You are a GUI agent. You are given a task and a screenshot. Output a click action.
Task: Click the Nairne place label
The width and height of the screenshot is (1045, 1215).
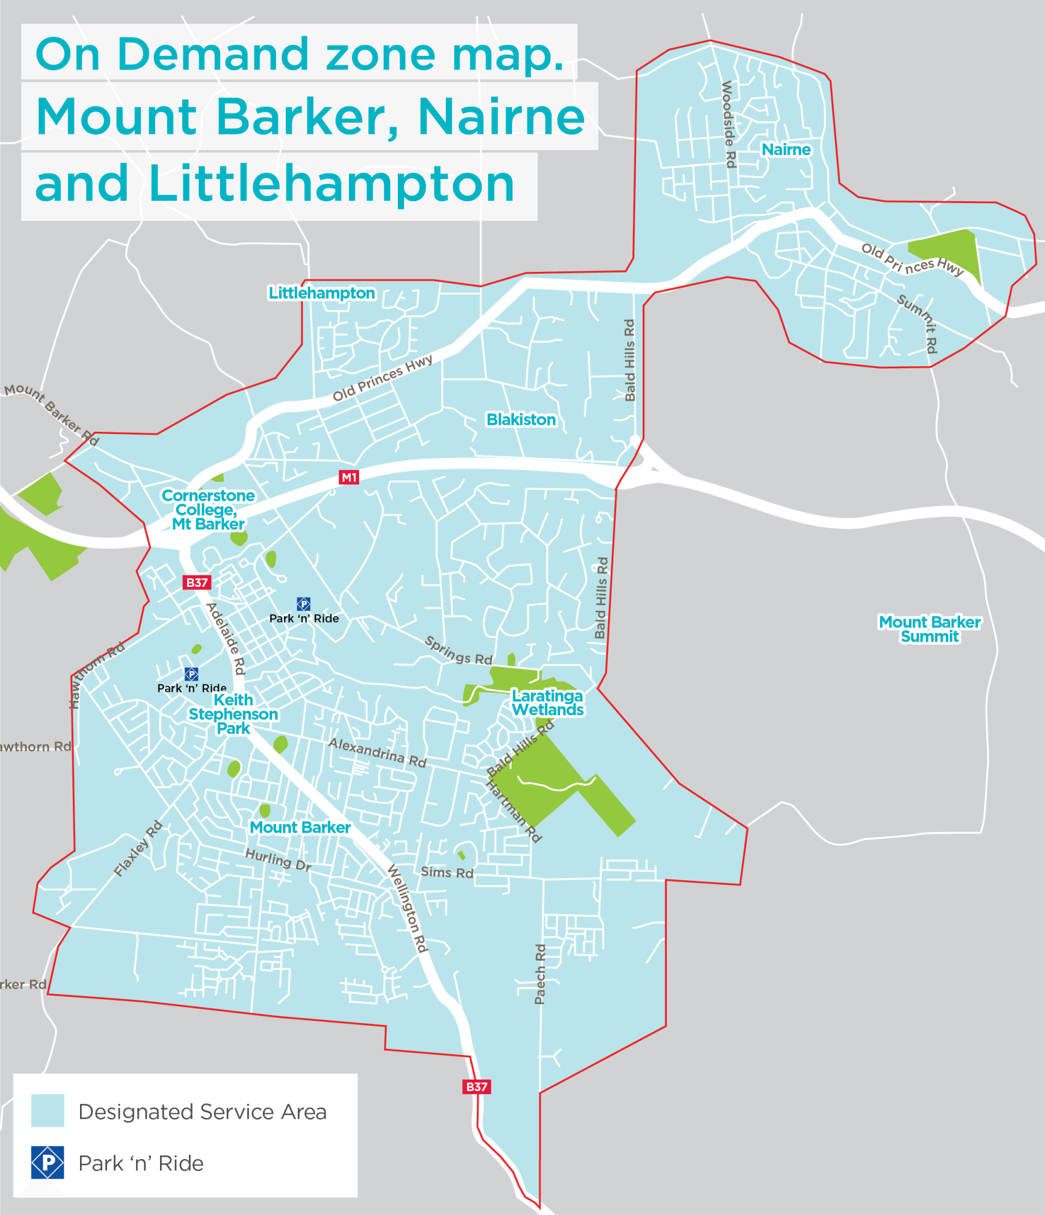(x=786, y=150)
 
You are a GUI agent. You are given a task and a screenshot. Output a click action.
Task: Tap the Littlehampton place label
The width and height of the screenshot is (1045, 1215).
(x=322, y=293)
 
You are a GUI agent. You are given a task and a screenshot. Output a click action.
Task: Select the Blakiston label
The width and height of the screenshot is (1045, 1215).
(x=520, y=419)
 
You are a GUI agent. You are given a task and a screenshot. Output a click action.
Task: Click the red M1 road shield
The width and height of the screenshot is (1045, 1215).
(x=349, y=478)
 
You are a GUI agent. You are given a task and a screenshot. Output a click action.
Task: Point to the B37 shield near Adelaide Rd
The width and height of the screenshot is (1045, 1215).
(x=196, y=582)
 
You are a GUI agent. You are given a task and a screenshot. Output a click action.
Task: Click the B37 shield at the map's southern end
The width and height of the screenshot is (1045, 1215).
(x=476, y=1087)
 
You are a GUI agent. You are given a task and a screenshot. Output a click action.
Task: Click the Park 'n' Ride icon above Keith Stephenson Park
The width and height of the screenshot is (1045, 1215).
(x=191, y=674)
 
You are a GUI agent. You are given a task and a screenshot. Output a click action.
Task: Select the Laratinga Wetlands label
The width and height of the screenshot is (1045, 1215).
(x=548, y=703)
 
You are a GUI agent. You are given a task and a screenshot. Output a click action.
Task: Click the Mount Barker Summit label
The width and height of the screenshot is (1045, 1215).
(x=929, y=629)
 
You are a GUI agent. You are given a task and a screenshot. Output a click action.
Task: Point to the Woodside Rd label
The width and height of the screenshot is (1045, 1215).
(x=728, y=125)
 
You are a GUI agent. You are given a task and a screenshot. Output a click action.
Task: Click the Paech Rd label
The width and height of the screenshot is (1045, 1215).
(x=540, y=974)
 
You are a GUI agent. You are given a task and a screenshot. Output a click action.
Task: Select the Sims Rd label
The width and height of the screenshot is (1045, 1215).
(x=447, y=872)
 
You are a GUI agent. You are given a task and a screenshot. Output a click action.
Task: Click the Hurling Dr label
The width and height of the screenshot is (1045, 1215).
(x=278, y=860)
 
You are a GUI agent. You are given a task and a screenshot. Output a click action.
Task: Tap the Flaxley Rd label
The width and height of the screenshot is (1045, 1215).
(x=138, y=848)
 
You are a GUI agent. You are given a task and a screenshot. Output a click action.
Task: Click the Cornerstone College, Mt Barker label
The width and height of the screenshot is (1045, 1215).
(x=208, y=510)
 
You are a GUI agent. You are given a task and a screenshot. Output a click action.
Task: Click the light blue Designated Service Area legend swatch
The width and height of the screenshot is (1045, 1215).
(x=47, y=1111)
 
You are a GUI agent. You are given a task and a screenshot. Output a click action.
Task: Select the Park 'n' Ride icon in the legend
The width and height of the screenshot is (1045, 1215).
(x=47, y=1162)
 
